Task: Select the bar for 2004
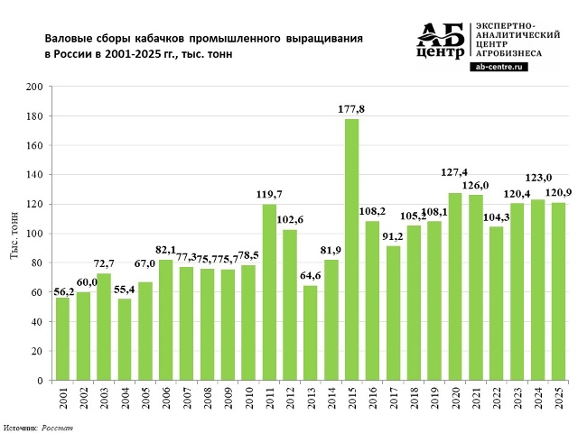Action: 125,339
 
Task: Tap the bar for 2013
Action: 311,333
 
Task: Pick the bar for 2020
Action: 454,287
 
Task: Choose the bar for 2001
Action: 62,339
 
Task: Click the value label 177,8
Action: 351,110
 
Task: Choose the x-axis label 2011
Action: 269,398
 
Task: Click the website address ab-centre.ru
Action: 499,66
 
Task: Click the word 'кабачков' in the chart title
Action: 163,40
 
